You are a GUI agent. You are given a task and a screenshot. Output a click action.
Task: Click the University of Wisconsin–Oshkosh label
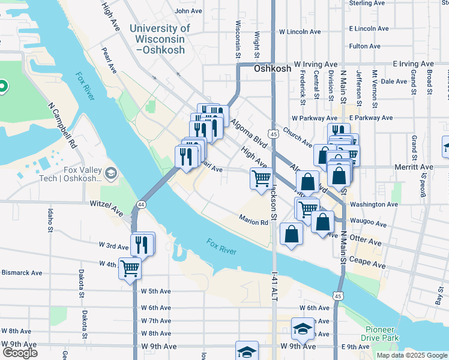(159, 40)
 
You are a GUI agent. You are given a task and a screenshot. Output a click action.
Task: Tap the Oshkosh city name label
(272, 68)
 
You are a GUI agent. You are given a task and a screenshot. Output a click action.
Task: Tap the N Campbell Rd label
(63, 125)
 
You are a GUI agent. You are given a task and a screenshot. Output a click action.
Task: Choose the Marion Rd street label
(254, 222)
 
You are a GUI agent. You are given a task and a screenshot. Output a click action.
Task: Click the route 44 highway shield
(140, 205)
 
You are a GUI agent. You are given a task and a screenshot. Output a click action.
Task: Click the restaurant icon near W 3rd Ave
(142, 243)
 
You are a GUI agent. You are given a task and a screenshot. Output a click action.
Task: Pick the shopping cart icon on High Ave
(261, 178)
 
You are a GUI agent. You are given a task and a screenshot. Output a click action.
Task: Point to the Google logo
(20, 353)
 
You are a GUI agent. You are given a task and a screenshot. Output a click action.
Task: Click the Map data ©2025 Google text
(411, 355)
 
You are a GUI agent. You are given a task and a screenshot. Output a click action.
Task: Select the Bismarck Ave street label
(22, 272)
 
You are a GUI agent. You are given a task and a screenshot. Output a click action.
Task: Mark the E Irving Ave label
(413, 64)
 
